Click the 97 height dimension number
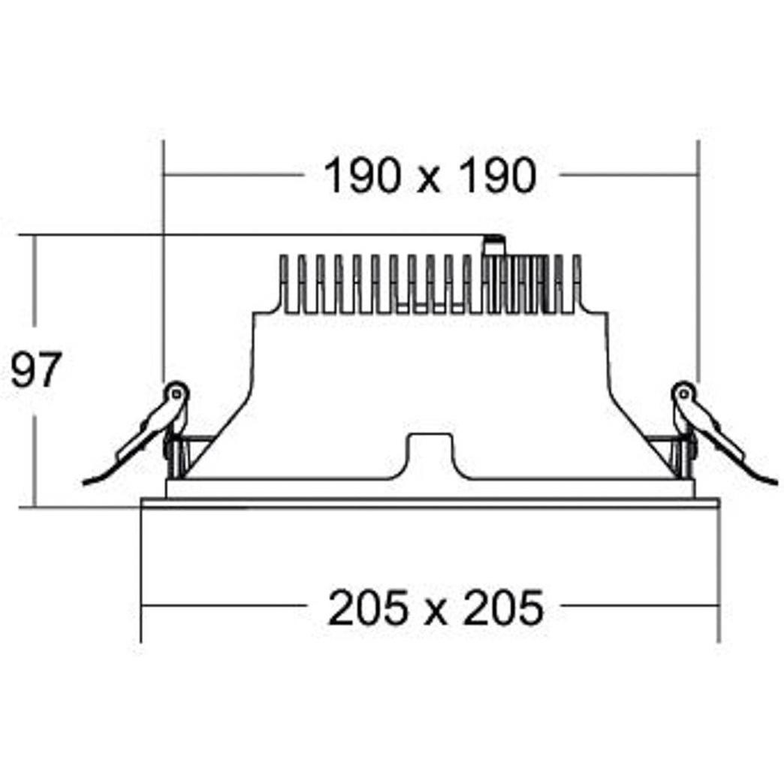tap(35, 371)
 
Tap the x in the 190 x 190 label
tap(430, 181)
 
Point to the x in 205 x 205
tap(434, 612)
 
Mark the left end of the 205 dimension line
tap(143, 605)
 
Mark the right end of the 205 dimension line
tap(719, 605)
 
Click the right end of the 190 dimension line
tap(698, 175)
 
